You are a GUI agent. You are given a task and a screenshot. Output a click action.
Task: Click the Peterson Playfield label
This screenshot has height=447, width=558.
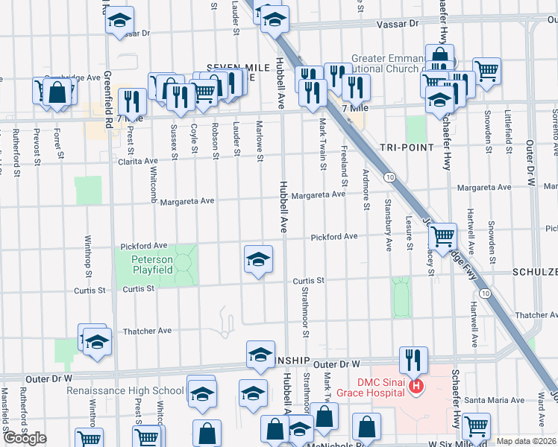[x=152, y=264]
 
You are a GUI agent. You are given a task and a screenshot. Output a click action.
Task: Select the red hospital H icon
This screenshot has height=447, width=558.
[x=417, y=386]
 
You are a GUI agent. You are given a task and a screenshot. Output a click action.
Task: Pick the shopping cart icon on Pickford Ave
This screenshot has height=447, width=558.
[x=444, y=237]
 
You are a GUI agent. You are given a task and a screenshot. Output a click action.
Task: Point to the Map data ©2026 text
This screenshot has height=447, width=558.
[x=525, y=441]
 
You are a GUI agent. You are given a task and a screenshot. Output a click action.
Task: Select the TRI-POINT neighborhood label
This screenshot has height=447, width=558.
[x=407, y=148]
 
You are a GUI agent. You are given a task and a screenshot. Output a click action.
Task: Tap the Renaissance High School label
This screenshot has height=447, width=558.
[x=125, y=390]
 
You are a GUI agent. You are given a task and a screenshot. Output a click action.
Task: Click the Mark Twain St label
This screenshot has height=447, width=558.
[x=323, y=143]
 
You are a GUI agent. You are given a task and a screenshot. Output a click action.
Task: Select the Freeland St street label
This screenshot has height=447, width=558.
[x=344, y=167]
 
